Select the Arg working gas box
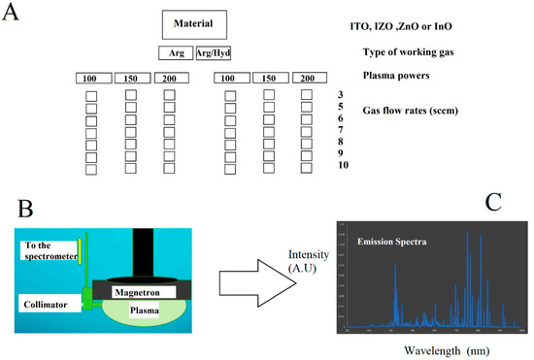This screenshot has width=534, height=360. (x=175, y=53)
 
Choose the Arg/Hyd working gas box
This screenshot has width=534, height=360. (x=214, y=53)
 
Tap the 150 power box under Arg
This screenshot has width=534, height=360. (x=131, y=78)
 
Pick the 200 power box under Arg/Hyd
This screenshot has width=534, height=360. (x=308, y=78)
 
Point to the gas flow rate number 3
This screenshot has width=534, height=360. (x=340, y=94)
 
